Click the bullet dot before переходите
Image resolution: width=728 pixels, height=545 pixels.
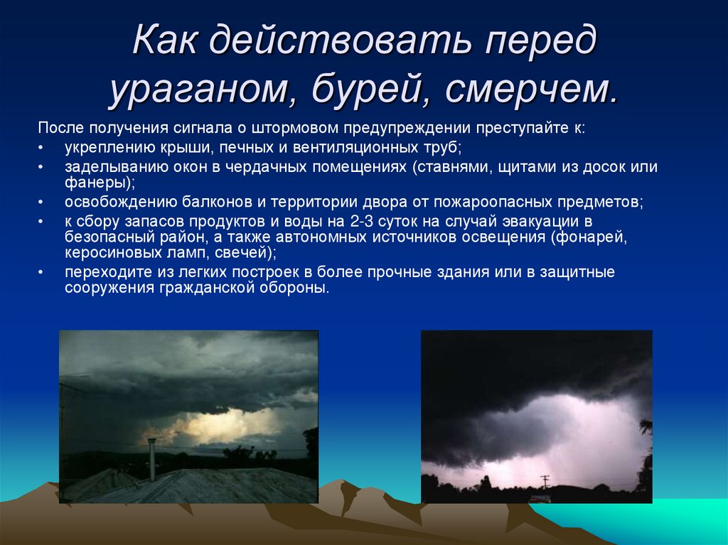[42, 273]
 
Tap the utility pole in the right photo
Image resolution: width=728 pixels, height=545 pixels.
[545, 481]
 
